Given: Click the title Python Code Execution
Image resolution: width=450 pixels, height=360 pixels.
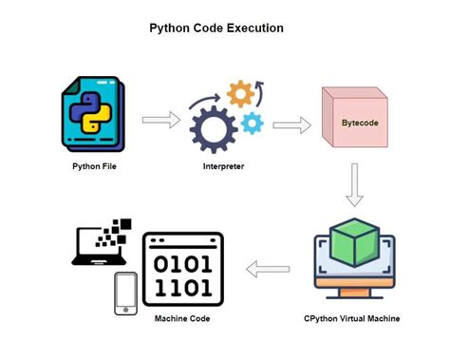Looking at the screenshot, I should click(216, 28).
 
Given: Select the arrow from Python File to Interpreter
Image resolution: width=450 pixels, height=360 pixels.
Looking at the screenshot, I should click(160, 120).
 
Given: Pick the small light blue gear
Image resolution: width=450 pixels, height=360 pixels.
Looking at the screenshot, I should click(252, 123).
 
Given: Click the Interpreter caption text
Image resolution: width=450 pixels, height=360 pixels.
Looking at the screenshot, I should click(225, 166).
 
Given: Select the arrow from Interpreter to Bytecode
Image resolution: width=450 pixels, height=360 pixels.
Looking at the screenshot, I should click(292, 123).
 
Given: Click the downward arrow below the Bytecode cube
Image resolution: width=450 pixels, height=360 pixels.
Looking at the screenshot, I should click(354, 184).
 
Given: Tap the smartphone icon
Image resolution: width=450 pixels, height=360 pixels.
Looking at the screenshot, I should click(124, 294).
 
